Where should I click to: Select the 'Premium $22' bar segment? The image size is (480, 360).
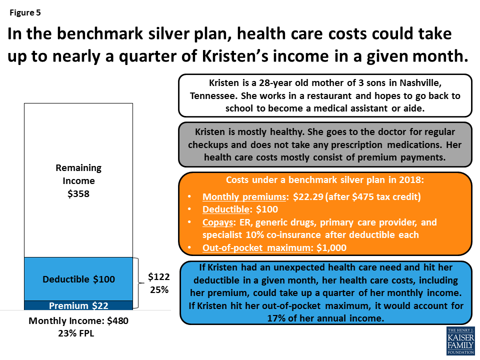coord(78,305)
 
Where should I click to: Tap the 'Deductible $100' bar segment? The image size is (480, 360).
coord(78,279)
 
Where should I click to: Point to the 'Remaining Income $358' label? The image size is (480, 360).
coord(78,180)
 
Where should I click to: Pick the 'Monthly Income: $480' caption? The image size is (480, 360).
coord(78,321)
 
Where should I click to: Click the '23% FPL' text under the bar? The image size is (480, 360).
coord(78,333)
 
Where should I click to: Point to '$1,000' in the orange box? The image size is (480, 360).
coord(332,247)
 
